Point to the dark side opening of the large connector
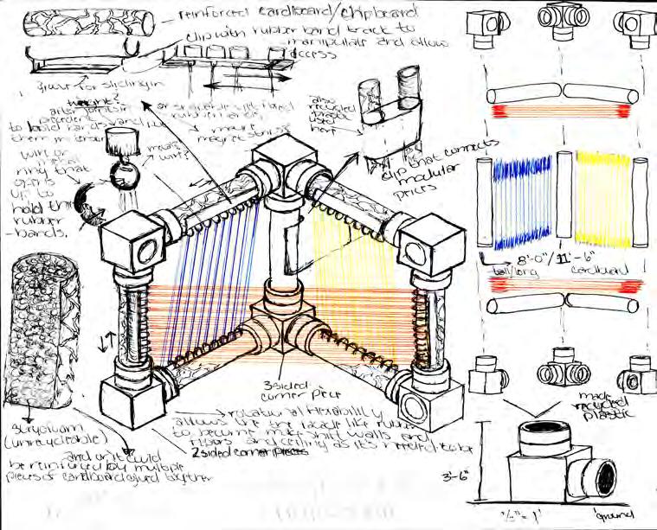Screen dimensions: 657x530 605,476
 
